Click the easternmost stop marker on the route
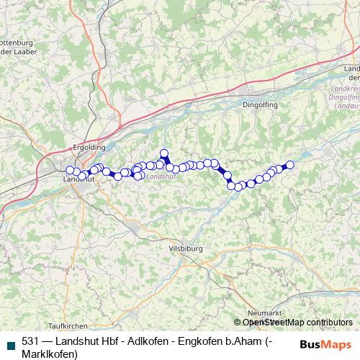click(290, 164)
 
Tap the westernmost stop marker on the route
click(71, 170)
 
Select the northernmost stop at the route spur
click(163, 153)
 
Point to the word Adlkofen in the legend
click(138, 341)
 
